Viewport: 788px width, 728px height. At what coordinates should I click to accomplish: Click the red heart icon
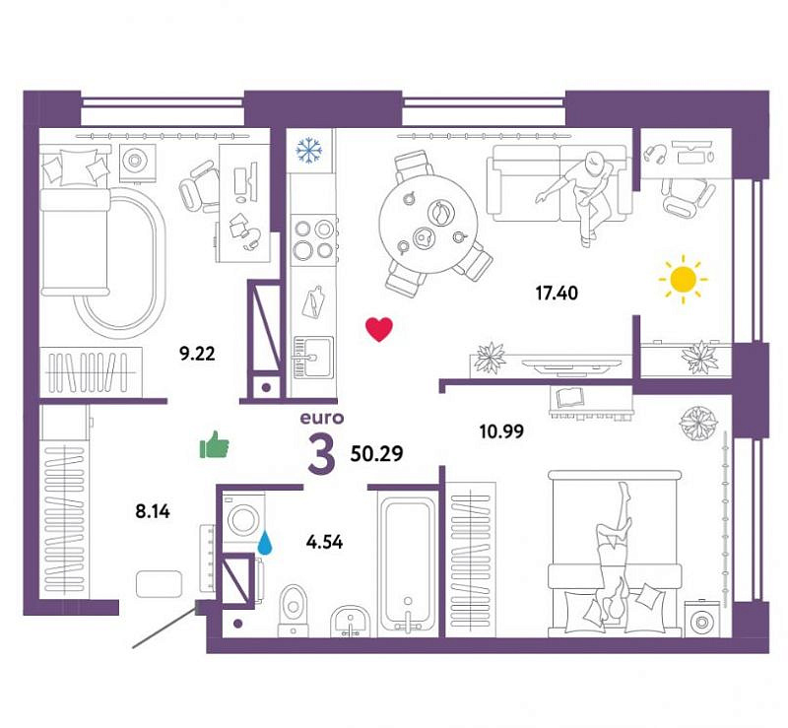pyautogui.click(x=379, y=329)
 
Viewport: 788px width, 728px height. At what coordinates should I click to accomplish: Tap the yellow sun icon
pyautogui.click(x=683, y=279)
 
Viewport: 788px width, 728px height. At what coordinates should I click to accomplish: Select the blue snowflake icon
pyautogui.click(x=309, y=151)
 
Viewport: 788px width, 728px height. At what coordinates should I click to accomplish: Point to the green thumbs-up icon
pyautogui.click(x=215, y=444)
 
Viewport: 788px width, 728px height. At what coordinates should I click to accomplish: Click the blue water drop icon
pyautogui.click(x=265, y=544)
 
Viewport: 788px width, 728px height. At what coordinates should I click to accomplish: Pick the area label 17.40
pyautogui.click(x=557, y=293)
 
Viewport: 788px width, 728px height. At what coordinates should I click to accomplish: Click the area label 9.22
pyautogui.click(x=198, y=354)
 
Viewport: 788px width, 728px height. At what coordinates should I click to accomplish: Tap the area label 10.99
pyautogui.click(x=501, y=430)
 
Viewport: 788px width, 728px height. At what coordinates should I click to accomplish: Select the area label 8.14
pyautogui.click(x=153, y=512)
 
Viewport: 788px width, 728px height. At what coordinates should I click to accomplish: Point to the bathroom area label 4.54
pyautogui.click(x=325, y=542)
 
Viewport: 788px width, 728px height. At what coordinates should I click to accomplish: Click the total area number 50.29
pyautogui.click(x=377, y=454)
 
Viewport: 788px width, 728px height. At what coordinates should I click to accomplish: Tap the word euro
pyautogui.click(x=322, y=418)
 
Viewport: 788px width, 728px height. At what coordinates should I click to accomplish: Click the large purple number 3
pyautogui.click(x=321, y=455)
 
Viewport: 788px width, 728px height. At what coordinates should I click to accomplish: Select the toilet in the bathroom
pyautogui.click(x=294, y=610)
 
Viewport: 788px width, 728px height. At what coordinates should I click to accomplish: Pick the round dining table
pyautogui.click(x=428, y=224)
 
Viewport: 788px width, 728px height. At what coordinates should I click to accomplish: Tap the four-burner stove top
pyautogui.click(x=314, y=238)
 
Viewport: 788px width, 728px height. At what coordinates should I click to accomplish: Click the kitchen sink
pyautogui.click(x=312, y=357)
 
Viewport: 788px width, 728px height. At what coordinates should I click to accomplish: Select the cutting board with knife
pyautogui.click(x=313, y=301)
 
